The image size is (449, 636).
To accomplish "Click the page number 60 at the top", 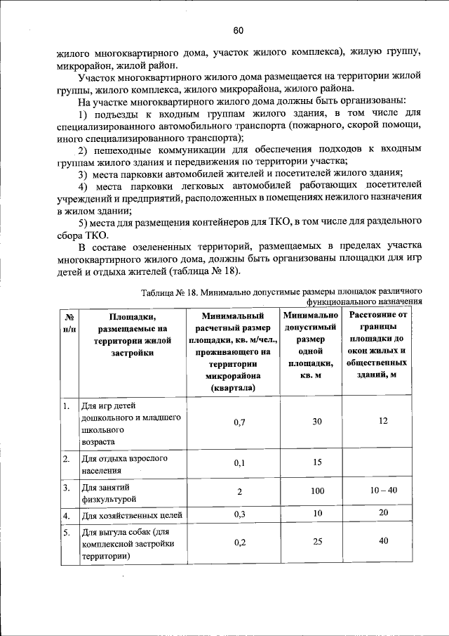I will (238, 30).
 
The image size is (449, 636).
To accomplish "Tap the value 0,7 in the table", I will (239, 422).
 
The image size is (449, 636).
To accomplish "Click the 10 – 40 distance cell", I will (383, 489).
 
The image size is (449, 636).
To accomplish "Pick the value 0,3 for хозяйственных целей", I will (239, 515).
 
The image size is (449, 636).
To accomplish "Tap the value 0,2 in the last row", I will (239, 543).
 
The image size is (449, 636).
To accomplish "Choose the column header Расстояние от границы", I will (383, 344).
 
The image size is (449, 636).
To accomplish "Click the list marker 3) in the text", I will (82, 174).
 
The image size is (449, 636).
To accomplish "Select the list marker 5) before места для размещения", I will (82, 222).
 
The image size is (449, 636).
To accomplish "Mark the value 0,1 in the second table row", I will (239, 463).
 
